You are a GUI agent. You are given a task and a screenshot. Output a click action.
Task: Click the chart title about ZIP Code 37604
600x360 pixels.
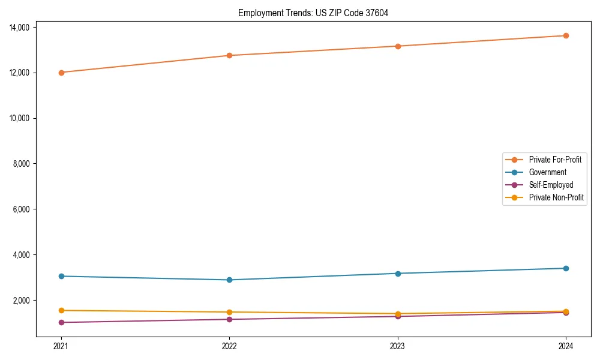pyautogui.click(x=313, y=13)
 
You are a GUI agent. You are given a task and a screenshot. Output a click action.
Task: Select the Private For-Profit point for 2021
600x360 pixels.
pyautogui.click(x=61, y=73)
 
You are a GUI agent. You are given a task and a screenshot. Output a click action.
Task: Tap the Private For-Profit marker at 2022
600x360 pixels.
pyautogui.click(x=229, y=56)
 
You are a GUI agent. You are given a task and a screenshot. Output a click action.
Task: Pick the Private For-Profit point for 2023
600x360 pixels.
pyautogui.click(x=397, y=46)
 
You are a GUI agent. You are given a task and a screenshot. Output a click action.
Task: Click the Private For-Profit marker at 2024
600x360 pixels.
pyautogui.click(x=566, y=35)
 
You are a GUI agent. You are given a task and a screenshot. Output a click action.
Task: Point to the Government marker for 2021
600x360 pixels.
pyautogui.click(x=61, y=276)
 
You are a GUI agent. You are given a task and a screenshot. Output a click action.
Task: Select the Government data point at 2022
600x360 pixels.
pyautogui.click(x=229, y=280)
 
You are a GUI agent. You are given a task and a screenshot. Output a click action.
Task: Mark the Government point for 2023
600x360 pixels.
pyautogui.click(x=397, y=274)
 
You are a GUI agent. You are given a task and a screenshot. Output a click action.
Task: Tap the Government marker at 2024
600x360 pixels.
pyautogui.click(x=566, y=268)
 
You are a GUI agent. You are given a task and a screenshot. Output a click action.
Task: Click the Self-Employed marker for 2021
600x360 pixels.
pyautogui.click(x=61, y=322)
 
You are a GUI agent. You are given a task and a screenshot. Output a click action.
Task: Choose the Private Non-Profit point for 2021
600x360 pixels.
pyautogui.click(x=61, y=310)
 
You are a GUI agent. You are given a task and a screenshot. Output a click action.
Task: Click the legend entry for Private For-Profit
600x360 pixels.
pyautogui.click(x=554, y=160)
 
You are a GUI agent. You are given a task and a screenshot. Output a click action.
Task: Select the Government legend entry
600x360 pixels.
pyautogui.click(x=547, y=172)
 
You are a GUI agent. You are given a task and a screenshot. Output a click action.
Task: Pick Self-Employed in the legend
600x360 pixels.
pyautogui.click(x=551, y=185)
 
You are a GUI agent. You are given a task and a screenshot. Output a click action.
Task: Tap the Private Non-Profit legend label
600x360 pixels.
pyautogui.click(x=556, y=197)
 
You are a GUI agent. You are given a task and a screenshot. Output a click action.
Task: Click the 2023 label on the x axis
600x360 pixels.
pyautogui.click(x=397, y=346)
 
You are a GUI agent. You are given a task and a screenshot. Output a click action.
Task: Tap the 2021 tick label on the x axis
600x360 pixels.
pyautogui.click(x=61, y=346)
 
